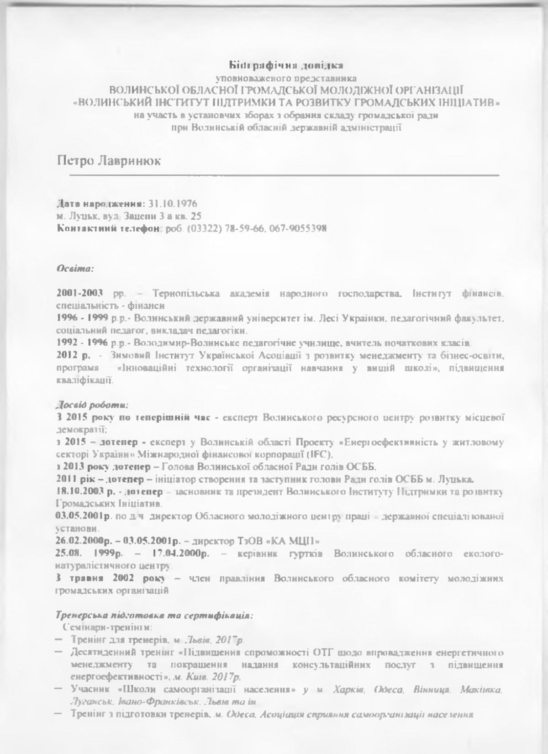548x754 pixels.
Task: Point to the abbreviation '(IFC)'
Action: click(x=321, y=454)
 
